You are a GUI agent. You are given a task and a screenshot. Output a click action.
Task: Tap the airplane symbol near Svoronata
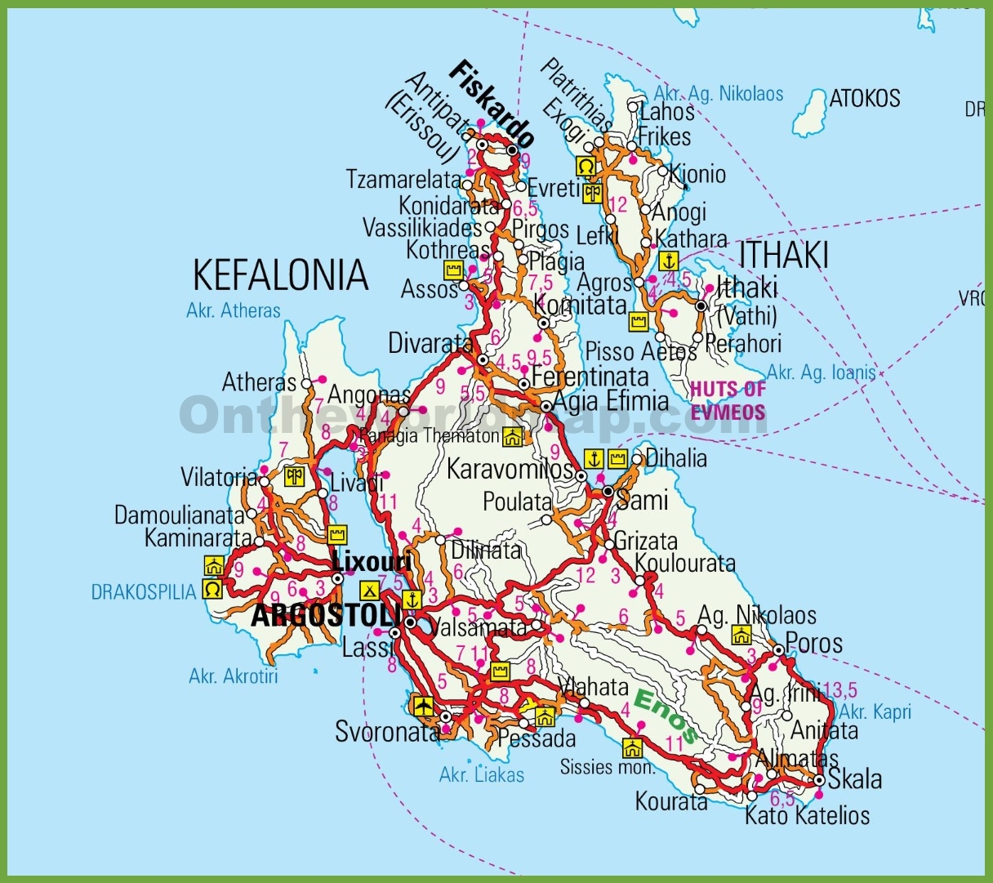click(x=423, y=705)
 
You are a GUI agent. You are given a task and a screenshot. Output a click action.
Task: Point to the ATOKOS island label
click(x=865, y=99)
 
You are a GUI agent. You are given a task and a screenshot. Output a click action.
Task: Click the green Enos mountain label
click(x=666, y=716)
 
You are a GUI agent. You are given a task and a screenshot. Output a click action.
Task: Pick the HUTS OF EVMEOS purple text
click(x=728, y=400)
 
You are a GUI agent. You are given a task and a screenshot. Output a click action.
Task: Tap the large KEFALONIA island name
click(x=280, y=275)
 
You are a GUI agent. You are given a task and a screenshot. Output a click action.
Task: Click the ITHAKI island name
click(x=783, y=255)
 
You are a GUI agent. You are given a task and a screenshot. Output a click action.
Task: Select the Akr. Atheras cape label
click(x=233, y=310)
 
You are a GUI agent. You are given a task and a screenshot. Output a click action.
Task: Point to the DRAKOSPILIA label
click(x=144, y=591)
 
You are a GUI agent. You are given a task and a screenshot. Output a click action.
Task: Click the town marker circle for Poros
click(x=779, y=650)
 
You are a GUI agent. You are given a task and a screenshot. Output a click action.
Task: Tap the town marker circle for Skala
click(x=819, y=781)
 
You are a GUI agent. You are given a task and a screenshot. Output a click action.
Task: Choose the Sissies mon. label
click(x=607, y=767)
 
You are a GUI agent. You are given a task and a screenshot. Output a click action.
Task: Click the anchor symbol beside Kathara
click(x=669, y=261)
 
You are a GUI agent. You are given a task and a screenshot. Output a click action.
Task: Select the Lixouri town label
click(x=372, y=562)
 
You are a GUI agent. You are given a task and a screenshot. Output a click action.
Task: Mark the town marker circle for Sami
click(x=608, y=491)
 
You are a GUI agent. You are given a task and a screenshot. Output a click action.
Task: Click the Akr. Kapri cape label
click(x=875, y=711)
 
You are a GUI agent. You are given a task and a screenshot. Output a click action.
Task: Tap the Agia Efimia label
click(x=610, y=401)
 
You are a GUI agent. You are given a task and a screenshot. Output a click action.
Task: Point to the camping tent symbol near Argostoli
click(x=369, y=589)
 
